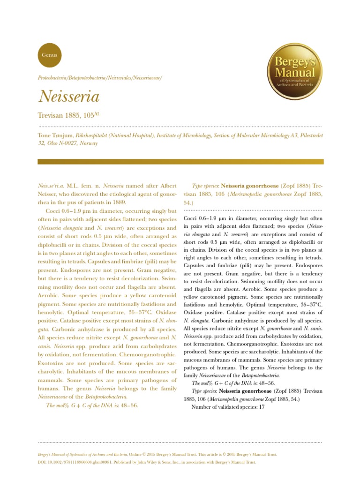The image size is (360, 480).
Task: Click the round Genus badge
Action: (49, 54)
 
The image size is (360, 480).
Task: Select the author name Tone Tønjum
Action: (55, 135)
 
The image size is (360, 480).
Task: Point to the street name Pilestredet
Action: (307, 135)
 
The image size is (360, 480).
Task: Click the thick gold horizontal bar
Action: (180, 161)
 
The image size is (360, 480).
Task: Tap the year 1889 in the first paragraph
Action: (119, 202)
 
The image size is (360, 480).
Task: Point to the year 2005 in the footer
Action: (235, 454)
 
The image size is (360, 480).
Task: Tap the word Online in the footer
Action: (135, 454)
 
